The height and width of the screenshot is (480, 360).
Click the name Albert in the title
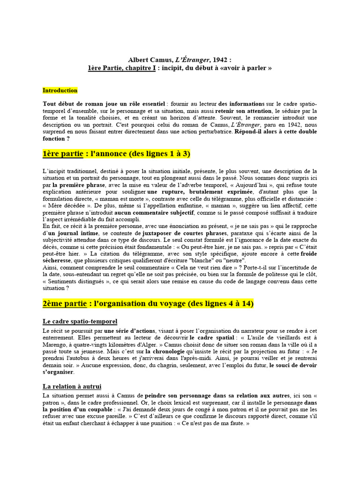139,60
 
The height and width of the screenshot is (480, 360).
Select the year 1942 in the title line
220,60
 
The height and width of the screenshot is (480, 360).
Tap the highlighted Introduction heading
60,90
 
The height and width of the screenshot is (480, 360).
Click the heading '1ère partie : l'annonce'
116,154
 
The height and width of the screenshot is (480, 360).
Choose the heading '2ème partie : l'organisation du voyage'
148,304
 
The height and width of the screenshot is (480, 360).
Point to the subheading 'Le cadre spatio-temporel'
80,322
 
